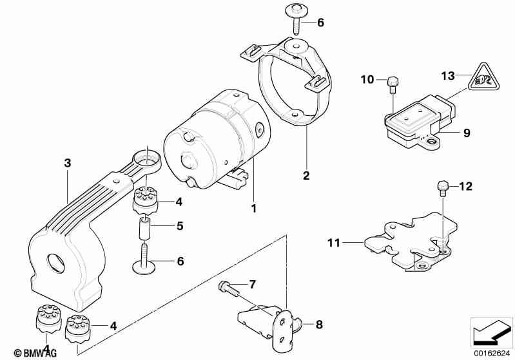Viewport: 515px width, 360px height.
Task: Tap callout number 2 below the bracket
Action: pos(306,175)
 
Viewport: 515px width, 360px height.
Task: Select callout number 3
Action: pos(67,163)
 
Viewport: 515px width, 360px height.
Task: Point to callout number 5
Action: pos(180,226)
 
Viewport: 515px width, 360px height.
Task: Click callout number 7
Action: pos(253,284)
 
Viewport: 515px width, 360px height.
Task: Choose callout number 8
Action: pos(318,324)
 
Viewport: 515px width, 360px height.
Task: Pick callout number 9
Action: pos(466,133)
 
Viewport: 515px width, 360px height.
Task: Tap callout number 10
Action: pos(367,79)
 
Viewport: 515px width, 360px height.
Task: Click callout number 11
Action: pos(333,243)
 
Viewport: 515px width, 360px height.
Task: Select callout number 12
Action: pos(465,187)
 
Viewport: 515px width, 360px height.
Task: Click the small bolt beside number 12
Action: pos(442,187)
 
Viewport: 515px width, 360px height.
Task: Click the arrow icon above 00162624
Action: pos(492,332)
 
